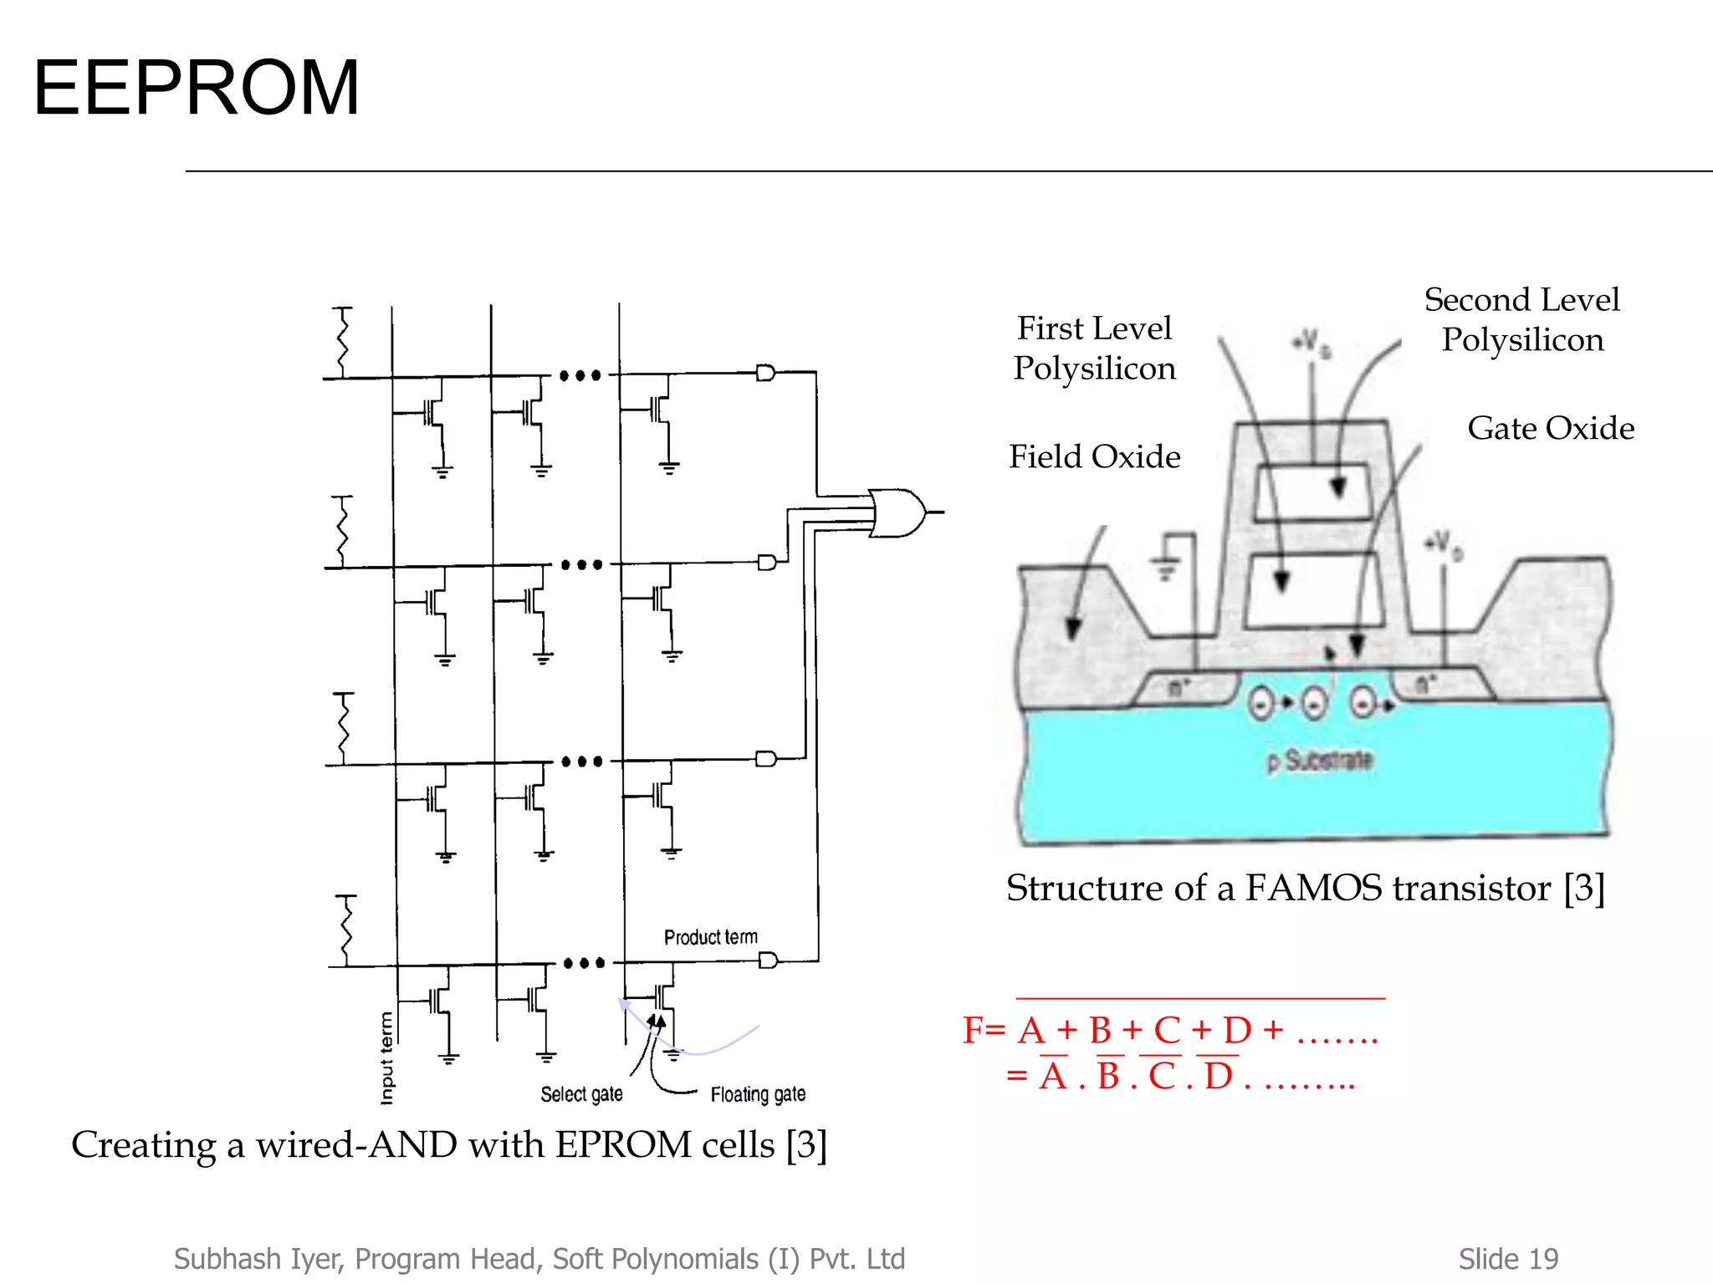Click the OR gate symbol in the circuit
pyautogui.click(x=897, y=512)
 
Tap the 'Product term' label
pyautogui.click(x=710, y=937)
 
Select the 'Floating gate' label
pyautogui.click(x=758, y=1094)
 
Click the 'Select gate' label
pyautogui.click(x=581, y=1094)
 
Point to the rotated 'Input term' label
pyautogui.click(x=386, y=1057)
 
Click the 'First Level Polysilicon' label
pyautogui.click(x=1094, y=348)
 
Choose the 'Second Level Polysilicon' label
pyautogui.click(x=1521, y=319)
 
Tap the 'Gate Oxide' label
pyautogui.click(x=1550, y=428)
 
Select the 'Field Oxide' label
pyautogui.click(x=1094, y=456)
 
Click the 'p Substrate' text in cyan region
pyautogui.click(x=1320, y=761)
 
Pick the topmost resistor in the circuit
pyautogui.click(x=341, y=343)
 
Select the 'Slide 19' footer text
pyautogui.click(x=1508, y=1258)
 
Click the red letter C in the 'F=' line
pyautogui.click(x=1167, y=1031)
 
